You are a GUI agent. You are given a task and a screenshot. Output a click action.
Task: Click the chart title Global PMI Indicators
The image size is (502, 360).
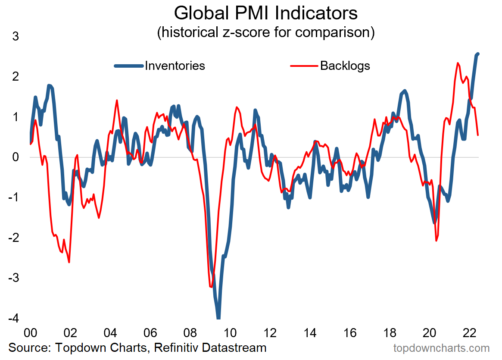pyautogui.click(x=265, y=13)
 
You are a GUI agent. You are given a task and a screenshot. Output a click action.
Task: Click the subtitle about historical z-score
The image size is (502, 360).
pyautogui.click(x=265, y=32)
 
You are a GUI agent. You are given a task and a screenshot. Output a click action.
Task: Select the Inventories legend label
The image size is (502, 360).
pyautogui.click(x=175, y=66)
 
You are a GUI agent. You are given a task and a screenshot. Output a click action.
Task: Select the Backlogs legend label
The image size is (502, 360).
pyautogui.click(x=345, y=66)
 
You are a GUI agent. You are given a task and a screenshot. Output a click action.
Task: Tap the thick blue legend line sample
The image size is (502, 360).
pyautogui.click(x=129, y=66)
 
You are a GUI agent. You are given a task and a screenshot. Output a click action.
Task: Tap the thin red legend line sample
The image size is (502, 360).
pyautogui.click(x=304, y=66)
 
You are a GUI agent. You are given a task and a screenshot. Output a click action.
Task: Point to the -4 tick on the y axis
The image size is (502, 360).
pyautogui.click(x=13, y=319)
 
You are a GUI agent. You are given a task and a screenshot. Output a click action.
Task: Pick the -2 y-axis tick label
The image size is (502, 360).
pyautogui.click(x=13, y=238)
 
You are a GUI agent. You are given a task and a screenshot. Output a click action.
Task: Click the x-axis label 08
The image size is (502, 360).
pyautogui.click(x=190, y=333)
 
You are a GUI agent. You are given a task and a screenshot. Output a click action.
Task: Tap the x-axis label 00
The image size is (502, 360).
pyautogui.click(x=30, y=333)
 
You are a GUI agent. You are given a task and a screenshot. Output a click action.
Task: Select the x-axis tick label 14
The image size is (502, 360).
pyautogui.click(x=310, y=333)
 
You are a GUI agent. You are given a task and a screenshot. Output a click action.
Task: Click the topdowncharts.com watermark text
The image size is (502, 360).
pyautogui.click(x=441, y=348)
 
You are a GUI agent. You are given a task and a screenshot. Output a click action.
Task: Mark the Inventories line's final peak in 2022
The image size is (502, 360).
pyautogui.click(x=478, y=53)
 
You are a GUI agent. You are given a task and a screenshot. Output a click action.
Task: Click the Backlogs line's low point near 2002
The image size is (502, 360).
pyautogui.click(x=69, y=262)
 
